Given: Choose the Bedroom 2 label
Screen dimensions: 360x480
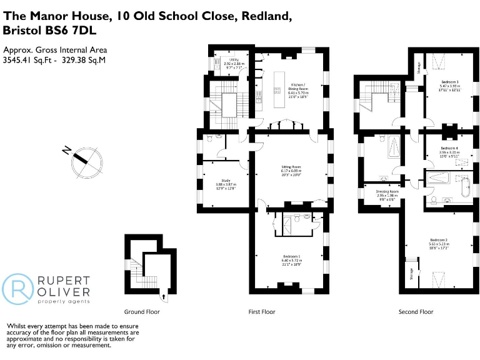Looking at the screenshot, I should coord(439,240).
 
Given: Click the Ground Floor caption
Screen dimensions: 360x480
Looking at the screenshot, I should coord(142,312).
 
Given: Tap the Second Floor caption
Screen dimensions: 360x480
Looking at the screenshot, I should coord(416,312).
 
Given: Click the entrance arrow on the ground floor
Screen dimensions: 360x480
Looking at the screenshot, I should coord(164,298).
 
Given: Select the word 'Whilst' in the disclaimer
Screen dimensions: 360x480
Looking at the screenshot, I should coord(17,326).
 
